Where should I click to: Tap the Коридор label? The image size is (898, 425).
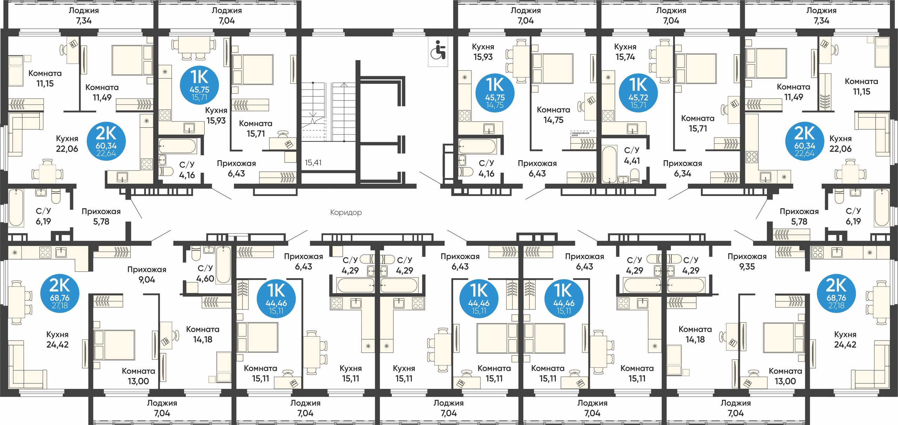[x=346, y=212]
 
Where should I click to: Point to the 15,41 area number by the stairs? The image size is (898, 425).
[x=313, y=163]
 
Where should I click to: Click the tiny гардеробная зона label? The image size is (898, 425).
[x=580, y=134]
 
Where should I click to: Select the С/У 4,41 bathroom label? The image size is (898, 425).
[x=632, y=156]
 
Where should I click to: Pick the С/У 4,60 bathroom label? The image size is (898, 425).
[x=205, y=274]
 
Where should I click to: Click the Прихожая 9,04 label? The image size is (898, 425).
[x=147, y=275]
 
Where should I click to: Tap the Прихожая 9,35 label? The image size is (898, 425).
[x=747, y=261]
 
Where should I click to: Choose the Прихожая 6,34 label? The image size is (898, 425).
[x=682, y=169]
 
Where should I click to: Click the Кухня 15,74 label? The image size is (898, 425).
[x=625, y=52]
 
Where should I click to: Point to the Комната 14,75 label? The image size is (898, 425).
[x=554, y=115]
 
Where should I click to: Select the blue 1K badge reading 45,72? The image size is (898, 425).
[x=638, y=93]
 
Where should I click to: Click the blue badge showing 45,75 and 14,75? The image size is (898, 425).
[x=495, y=93]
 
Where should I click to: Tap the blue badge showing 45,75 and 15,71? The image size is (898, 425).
[x=199, y=85]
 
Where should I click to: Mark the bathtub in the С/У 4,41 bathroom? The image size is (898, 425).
[x=609, y=164]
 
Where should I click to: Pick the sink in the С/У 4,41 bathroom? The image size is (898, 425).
[x=623, y=179]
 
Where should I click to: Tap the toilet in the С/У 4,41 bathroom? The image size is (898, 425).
[x=635, y=176]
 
